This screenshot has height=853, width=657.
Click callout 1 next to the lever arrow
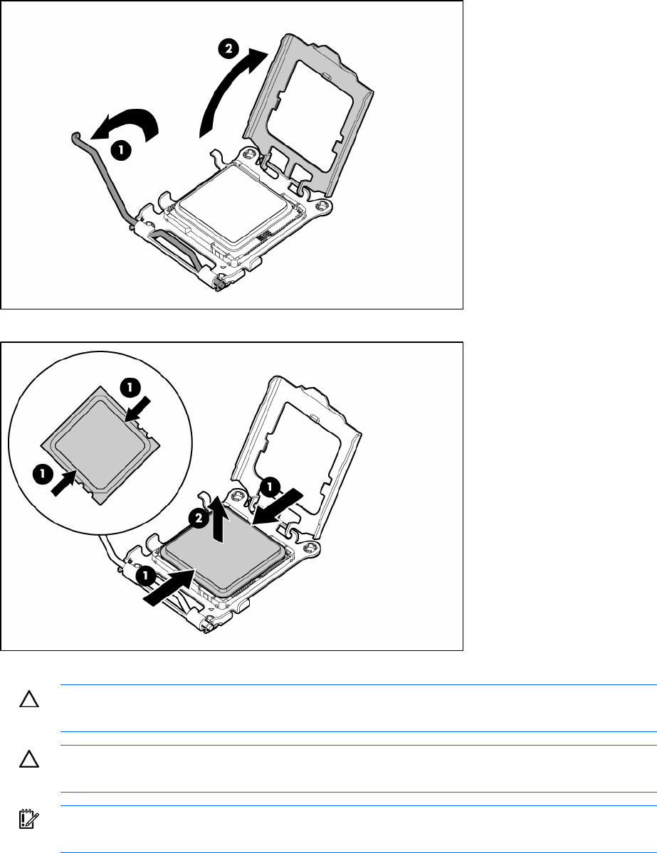121,150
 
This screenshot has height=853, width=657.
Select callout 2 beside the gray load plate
228,49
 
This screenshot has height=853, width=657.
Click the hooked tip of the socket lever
75,134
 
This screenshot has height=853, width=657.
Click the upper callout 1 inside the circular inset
130,387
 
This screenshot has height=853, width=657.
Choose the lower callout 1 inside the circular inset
42,475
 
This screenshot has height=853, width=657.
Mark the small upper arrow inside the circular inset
137,409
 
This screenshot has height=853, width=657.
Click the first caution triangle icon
29,699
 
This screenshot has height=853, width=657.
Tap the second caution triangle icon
29,759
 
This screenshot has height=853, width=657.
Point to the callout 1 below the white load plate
270,487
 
